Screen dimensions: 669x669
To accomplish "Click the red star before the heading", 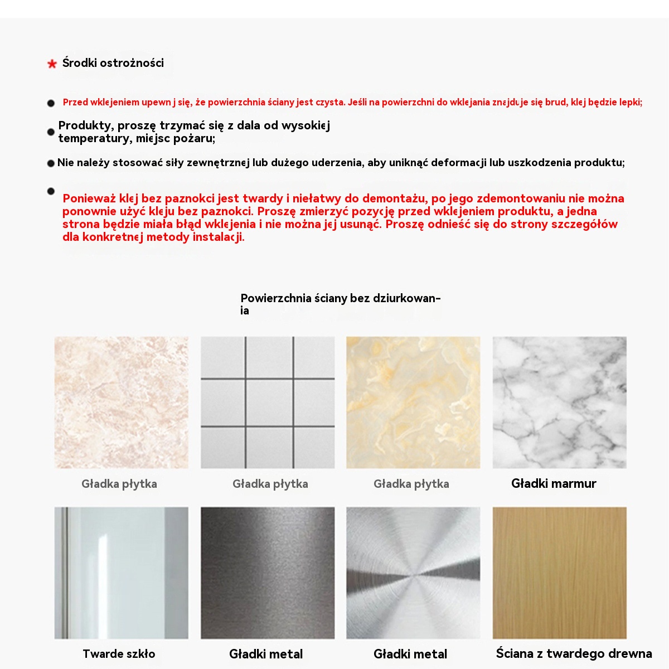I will click(x=52, y=64).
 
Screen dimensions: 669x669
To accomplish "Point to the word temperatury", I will click(x=95, y=138).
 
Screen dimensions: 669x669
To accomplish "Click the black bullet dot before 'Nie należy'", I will click(x=51, y=163).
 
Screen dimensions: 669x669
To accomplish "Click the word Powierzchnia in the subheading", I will click(x=276, y=298).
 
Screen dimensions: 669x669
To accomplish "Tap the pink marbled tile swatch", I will click(x=121, y=402).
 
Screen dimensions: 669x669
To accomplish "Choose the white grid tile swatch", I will click(x=268, y=402).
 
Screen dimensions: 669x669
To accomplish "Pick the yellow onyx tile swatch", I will click(x=413, y=402).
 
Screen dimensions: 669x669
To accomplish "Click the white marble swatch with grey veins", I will click(x=559, y=402).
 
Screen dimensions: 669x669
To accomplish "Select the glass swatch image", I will click(x=121, y=573).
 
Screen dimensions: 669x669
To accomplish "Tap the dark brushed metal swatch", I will click(x=268, y=573).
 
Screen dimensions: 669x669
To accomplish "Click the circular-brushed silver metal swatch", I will click(x=413, y=573).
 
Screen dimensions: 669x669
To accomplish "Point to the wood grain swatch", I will click(x=559, y=573).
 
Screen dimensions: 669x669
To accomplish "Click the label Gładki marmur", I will click(x=554, y=484).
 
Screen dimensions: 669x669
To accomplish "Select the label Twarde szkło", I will click(x=119, y=654).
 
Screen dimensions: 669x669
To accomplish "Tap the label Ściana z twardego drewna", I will click(x=574, y=654).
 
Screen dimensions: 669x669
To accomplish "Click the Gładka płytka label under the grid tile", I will click(x=270, y=484).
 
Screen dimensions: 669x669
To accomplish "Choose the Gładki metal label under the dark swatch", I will click(x=266, y=654).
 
